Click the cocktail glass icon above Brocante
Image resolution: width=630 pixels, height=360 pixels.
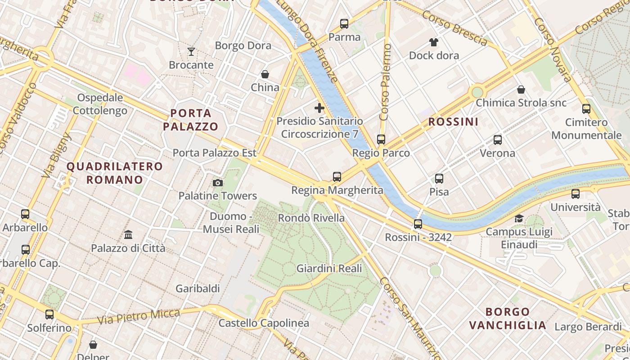tap(191, 52)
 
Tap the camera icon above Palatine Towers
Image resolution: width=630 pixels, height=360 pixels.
tap(218, 183)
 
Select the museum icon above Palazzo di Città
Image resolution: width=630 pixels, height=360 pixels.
tap(128, 234)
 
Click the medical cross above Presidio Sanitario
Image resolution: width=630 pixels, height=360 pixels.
tap(319, 108)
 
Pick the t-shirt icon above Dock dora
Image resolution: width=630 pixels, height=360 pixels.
tap(434, 42)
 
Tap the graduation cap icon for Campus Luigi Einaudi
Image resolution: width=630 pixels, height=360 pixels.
tap(519, 218)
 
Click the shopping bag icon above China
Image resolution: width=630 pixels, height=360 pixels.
tap(265, 74)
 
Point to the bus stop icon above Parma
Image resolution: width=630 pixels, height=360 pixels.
tap(344, 24)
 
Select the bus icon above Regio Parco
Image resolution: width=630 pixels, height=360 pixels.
tap(381, 139)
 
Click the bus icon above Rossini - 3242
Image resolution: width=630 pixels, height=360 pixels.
tap(418, 224)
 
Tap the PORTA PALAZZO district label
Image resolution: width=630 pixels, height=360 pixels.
tap(190, 120)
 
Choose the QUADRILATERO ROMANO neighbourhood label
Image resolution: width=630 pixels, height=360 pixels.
tap(115, 173)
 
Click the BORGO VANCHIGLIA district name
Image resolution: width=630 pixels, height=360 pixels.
tap(508, 318)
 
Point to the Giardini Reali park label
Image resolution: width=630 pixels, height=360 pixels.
tap(329, 269)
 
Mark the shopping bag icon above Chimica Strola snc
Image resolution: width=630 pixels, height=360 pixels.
tap(521, 90)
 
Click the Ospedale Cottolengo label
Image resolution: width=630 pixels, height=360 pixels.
tap(100, 104)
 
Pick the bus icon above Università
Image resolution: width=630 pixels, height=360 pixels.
tap(576, 194)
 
